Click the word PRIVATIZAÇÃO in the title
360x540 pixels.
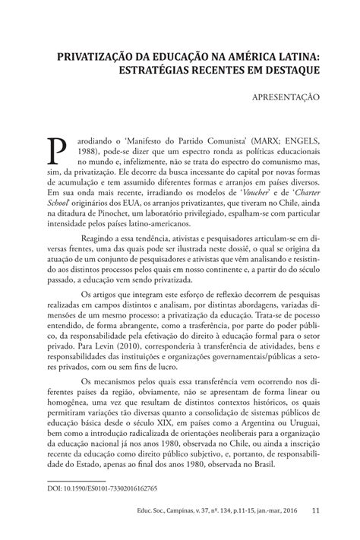pyautogui.click(x=93, y=55)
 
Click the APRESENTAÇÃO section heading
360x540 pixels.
pyautogui.click(x=284, y=97)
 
